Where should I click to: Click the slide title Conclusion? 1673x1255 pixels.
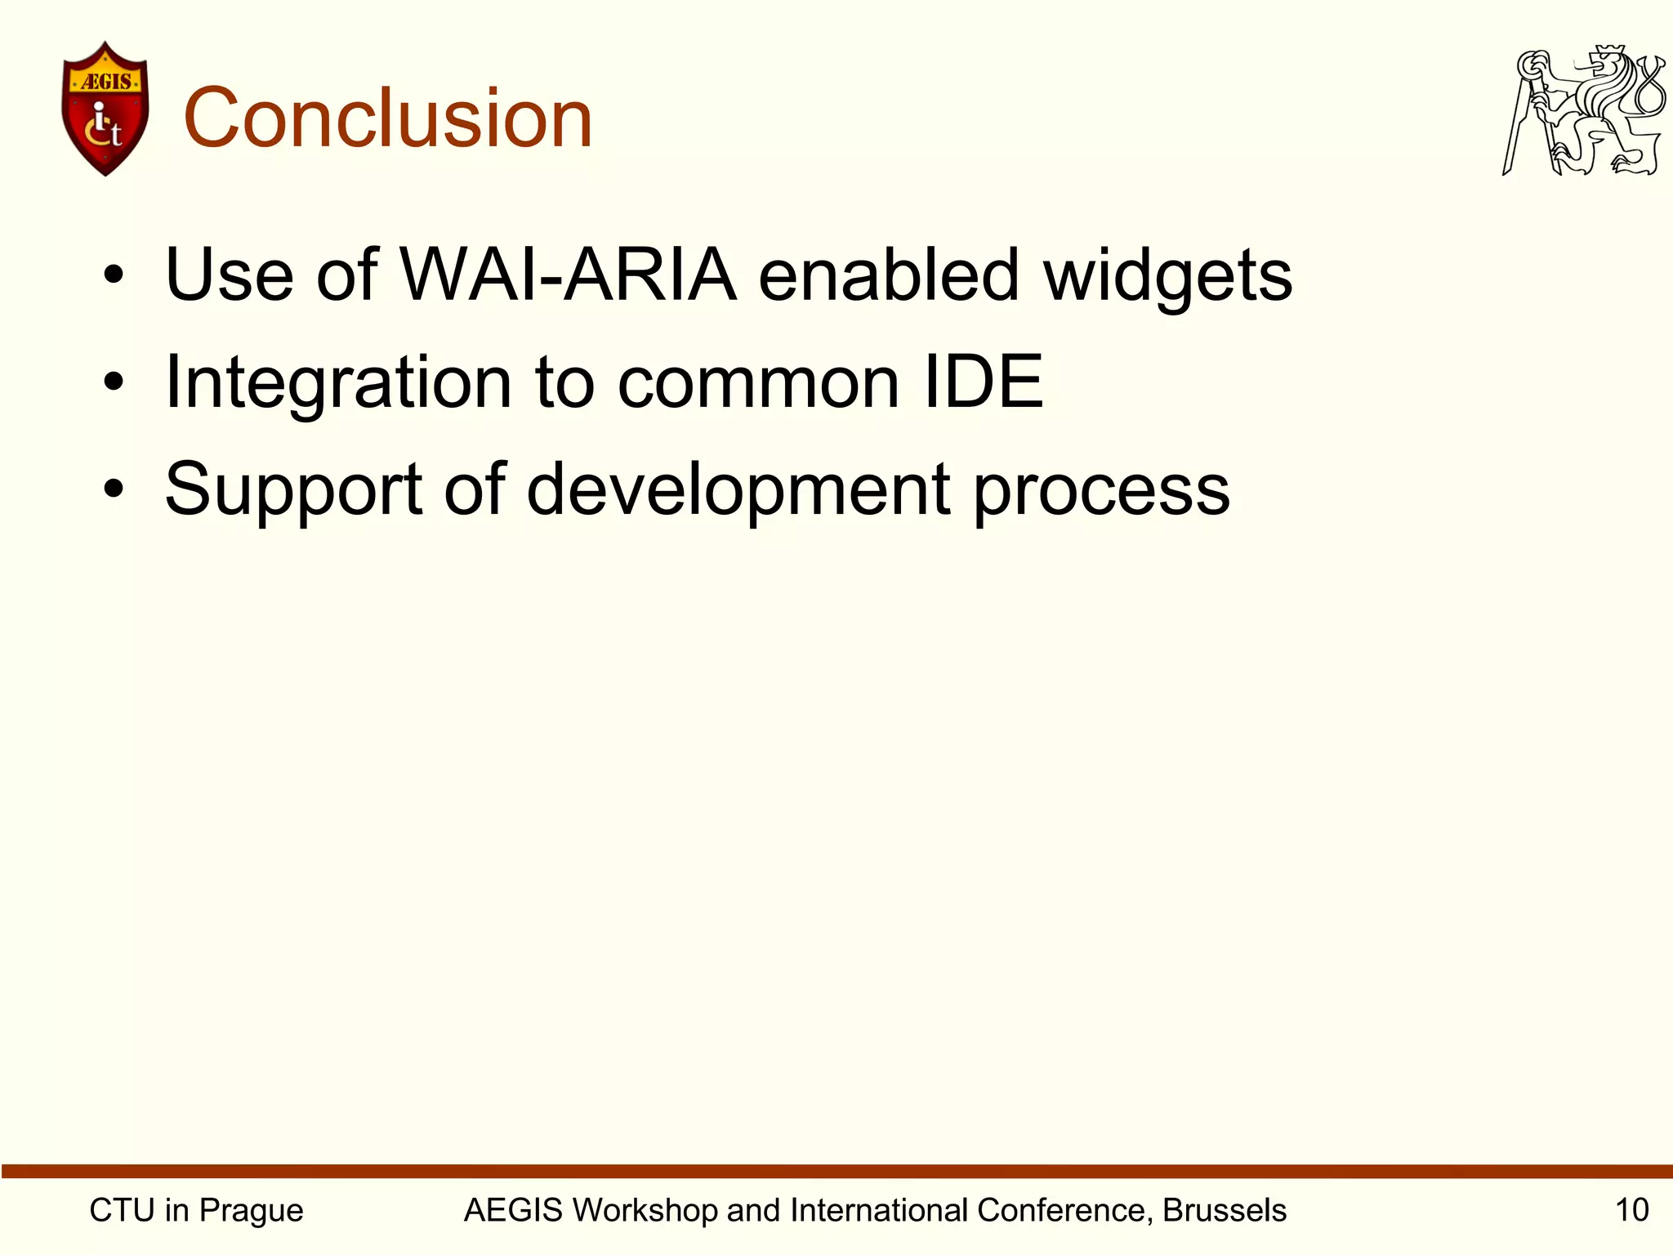click(x=388, y=119)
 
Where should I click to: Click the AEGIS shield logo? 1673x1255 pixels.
click(x=105, y=109)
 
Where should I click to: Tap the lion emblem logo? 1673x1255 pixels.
click(x=1583, y=111)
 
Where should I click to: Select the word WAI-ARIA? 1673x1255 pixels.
click(x=569, y=275)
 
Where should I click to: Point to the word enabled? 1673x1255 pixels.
click(x=889, y=275)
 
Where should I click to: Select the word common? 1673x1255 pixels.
click(x=758, y=382)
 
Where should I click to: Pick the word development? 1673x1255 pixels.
click(x=738, y=490)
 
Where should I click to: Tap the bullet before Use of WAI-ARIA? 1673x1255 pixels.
click(x=114, y=275)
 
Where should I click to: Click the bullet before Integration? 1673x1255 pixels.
click(x=114, y=382)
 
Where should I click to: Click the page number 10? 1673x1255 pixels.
click(x=1631, y=1210)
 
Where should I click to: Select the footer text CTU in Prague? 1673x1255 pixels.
click(x=196, y=1210)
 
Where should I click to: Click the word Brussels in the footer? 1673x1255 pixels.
click(x=1225, y=1210)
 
